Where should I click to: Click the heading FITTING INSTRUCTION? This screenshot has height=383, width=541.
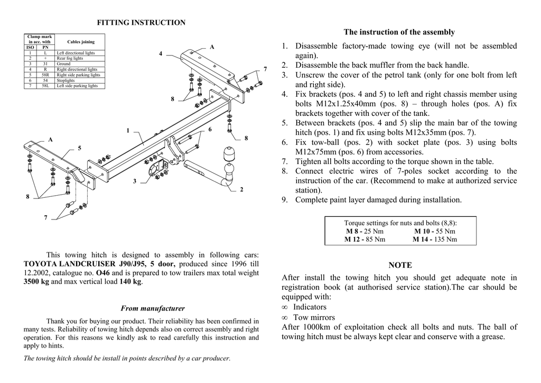click(x=141, y=23)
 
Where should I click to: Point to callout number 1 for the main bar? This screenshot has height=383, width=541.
click(x=128, y=130)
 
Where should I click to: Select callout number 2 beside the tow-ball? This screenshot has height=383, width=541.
click(x=241, y=189)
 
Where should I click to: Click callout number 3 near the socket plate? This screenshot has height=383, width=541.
click(x=135, y=181)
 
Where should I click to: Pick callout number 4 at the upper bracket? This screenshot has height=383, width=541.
click(x=161, y=53)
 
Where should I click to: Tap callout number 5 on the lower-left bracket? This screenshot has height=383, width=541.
click(x=80, y=148)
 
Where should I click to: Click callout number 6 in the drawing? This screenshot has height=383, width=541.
click(x=210, y=130)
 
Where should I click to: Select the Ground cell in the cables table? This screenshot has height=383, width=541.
click(x=63, y=64)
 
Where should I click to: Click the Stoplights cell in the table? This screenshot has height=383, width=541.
click(x=66, y=80)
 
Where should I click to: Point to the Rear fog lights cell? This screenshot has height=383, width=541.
click(x=70, y=59)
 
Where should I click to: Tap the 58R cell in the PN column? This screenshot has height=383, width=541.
click(x=45, y=75)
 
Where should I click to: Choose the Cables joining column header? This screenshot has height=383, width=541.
click(x=81, y=42)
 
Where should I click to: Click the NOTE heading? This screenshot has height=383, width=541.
click(x=400, y=265)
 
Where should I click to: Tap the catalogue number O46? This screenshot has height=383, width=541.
click(x=102, y=273)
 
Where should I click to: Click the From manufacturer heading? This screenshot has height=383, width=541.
click(x=153, y=308)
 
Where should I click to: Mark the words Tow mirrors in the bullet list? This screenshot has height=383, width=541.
click(x=314, y=317)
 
